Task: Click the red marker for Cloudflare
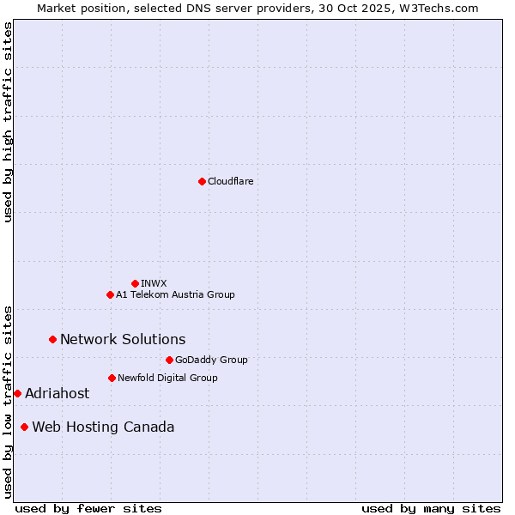coord(202,181)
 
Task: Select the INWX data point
coord(135,283)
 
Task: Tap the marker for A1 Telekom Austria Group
coord(110,294)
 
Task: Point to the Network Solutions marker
coord(52,339)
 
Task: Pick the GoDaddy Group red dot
coord(169,360)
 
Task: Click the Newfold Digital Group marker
coord(112,378)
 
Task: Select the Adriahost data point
coord(17,393)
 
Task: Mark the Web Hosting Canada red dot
coord(24,427)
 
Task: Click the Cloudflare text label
coord(230,181)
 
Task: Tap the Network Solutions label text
coord(123,339)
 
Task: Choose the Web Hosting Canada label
coord(103,427)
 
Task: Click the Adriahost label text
coord(57,393)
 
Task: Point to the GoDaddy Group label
coord(211,360)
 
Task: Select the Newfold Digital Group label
coord(167,378)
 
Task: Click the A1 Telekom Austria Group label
coord(175,294)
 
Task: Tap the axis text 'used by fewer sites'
coord(88,508)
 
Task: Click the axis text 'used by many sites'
coord(431,508)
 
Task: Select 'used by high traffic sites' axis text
coord(8,122)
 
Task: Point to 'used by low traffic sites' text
coord(8,401)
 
